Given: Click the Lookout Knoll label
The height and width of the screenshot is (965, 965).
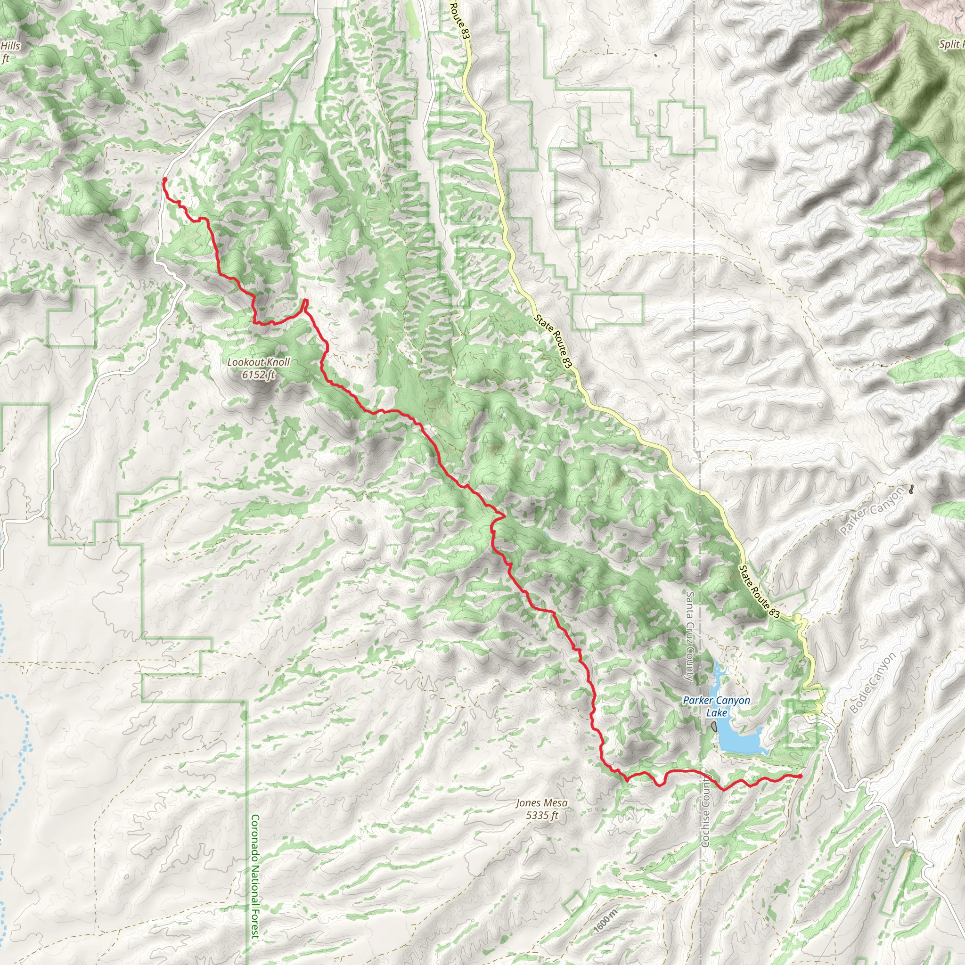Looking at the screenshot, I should (258, 362).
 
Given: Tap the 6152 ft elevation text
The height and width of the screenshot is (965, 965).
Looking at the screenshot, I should (258, 375).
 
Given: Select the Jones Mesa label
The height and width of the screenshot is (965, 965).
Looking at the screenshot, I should (541, 802).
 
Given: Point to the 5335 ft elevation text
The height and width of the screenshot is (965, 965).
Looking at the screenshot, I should (541, 816).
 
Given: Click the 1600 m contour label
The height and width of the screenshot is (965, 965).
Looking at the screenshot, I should (606, 921).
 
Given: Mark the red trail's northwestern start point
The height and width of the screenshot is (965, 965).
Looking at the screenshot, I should (165, 180).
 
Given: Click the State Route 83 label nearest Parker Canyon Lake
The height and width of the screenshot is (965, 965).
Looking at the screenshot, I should (759, 592).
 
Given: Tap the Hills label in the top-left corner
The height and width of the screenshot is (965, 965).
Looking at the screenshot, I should (10, 47).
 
